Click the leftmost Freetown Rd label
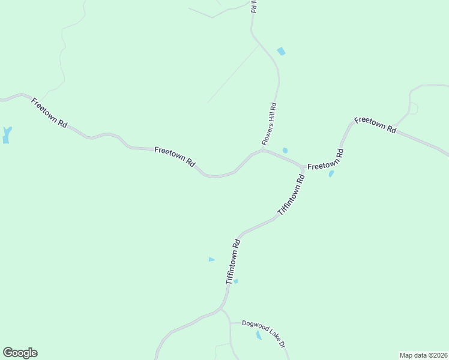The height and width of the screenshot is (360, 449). tap(49, 112)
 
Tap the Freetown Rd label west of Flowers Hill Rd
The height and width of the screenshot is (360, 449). tap(175, 157)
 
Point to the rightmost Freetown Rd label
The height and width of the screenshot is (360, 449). tap(376, 124)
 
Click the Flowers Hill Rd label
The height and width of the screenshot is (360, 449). tap(269, 124)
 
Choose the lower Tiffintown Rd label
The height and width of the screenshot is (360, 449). tap(233, 262)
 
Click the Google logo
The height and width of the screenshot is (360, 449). tap(20, 353)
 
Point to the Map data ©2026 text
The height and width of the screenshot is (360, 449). tap(423, 355)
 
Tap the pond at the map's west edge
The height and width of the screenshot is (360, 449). tap(7, 135)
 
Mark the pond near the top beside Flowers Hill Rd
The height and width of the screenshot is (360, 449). tap(281, 52)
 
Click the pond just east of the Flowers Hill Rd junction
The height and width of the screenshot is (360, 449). tap(285, 150)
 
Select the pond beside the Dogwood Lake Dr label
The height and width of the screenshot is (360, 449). tap(259, 335)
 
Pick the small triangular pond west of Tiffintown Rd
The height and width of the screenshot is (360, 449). tap(211, 259)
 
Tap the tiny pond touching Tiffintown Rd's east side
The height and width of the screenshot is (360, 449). tap(236, 281)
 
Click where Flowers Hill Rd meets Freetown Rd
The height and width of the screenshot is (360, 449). tap(262, 150)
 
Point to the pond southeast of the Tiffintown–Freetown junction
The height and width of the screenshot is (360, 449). tap(331, 174)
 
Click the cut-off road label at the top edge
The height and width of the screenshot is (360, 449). tap(253, 7)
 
